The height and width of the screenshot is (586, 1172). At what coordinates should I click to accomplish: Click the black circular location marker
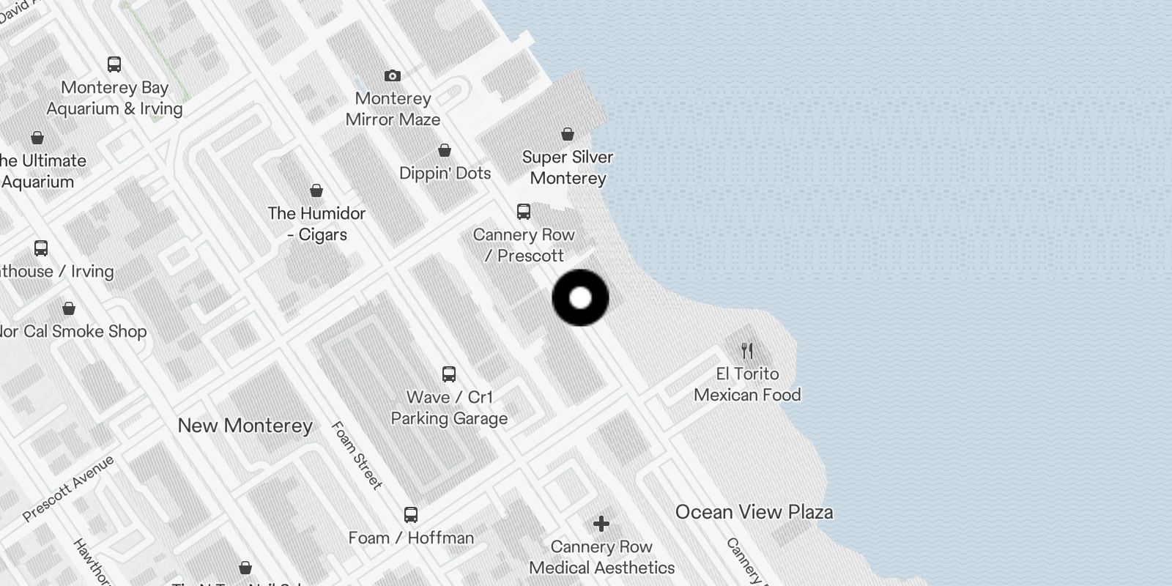[580, 298]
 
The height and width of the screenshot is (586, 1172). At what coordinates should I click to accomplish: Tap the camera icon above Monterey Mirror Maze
[393, 75]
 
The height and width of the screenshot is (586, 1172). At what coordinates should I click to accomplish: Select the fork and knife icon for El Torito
[747, 351]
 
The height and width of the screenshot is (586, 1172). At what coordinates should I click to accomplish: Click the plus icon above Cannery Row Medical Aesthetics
[601, 524]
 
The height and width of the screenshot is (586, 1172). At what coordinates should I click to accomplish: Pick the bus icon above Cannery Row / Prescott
[524, 212]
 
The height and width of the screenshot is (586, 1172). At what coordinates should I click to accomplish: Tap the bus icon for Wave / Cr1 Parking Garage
[449, 374]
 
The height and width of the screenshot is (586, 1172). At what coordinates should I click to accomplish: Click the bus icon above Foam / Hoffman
[411, 515]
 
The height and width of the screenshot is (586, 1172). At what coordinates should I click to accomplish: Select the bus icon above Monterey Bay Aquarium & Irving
[114, 64]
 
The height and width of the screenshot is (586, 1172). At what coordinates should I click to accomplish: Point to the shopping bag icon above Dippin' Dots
[445, 150]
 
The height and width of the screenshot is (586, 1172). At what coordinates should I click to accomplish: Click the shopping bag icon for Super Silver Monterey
[568, 134]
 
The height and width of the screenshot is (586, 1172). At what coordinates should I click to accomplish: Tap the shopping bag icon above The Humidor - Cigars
[316, 190]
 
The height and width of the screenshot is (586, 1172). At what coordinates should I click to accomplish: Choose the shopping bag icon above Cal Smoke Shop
[69, 308]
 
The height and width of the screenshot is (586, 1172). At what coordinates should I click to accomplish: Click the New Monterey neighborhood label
[245, 426]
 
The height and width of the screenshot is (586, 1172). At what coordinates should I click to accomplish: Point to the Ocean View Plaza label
[754, 512]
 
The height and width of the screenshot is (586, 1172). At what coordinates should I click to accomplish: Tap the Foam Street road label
[357, 455]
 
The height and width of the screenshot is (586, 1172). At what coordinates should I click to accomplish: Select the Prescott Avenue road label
[68, 489]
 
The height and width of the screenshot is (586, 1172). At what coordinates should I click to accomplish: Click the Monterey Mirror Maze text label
[393, 109]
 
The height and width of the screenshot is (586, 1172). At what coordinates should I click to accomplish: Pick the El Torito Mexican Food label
[747, 385]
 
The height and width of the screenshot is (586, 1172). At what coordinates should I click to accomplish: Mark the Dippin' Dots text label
[445, 174]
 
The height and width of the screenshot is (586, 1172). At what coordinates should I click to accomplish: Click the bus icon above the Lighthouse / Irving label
[41, 248]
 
